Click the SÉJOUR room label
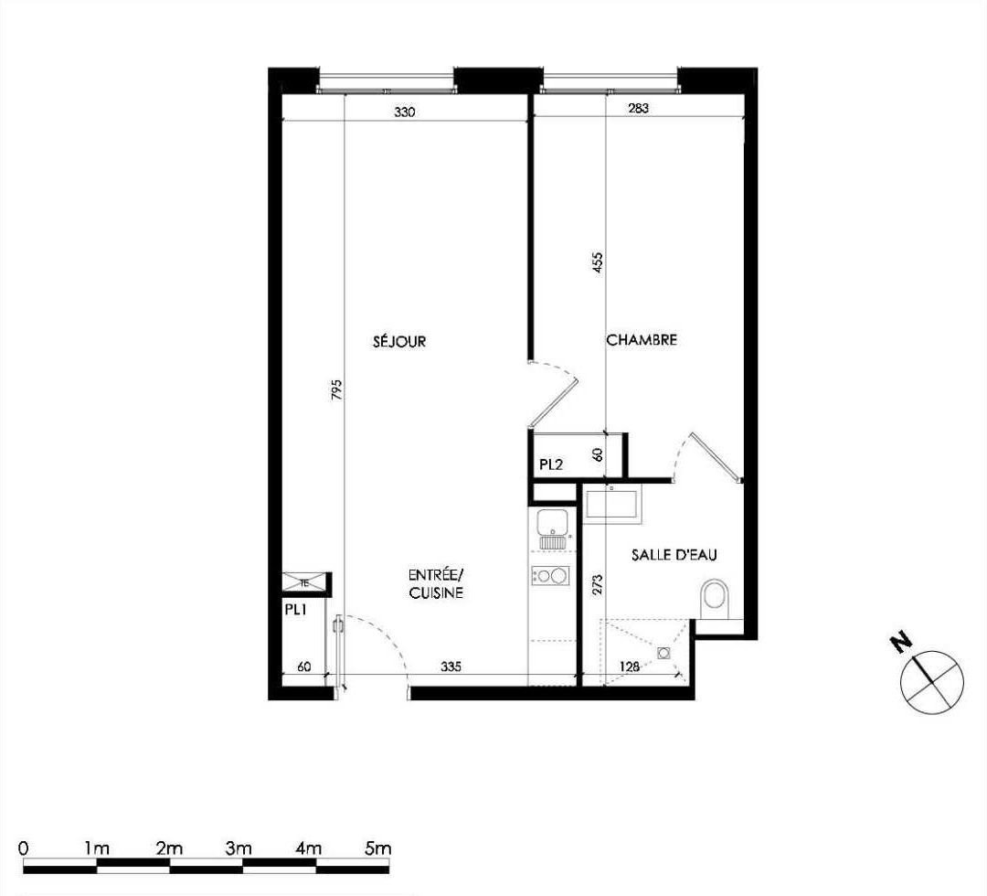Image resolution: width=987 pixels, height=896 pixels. coord(399,341)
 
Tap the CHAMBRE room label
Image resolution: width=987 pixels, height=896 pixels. coord(642,339)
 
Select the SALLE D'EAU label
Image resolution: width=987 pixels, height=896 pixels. coord(674,555)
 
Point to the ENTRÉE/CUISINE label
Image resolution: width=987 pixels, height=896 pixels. coord(436,583)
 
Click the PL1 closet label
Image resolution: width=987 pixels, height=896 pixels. coord(295,609)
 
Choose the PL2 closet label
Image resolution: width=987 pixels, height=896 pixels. coord(551,464)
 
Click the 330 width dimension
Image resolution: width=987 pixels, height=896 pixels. coord(405,112)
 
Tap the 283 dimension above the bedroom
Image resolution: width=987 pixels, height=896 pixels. coord(638,108)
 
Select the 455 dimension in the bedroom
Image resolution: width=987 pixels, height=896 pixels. coord(598,262)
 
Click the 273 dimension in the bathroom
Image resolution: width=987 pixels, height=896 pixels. coord(598,583)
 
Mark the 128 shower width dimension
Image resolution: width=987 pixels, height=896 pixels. coord(630,666)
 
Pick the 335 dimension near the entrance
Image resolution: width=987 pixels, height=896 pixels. coord(451,666)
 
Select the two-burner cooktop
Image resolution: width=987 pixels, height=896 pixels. coord(550,575)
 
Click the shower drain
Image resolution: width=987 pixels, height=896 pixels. coord(663,653)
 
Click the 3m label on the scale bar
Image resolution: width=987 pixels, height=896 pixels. coord(238,848)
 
